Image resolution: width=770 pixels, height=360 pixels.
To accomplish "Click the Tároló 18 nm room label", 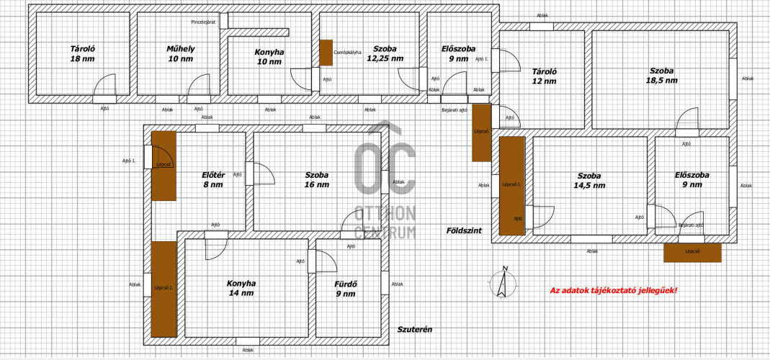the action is (x=83, y=53).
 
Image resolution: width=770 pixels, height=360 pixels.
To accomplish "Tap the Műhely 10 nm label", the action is (x=180, y=53).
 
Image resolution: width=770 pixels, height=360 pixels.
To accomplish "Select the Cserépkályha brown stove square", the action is (x=326, y=53).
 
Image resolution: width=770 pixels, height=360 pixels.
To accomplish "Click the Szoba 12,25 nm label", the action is (x=385, y=53).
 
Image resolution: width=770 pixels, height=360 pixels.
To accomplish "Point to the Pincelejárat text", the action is (x=204, y=22).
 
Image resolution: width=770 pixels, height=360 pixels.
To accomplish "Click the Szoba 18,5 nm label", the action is (x=661, y=76).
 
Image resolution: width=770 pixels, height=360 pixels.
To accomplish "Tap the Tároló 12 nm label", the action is (x=544, y=76).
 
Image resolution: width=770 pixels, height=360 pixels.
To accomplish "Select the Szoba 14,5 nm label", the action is (x=589, y=180).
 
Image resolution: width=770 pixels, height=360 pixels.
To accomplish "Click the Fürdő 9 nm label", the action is (x=345, y=289).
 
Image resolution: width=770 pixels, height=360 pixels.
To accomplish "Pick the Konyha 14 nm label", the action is (x=241, y=288).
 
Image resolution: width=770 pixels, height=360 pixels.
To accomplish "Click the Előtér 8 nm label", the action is (x=214, y=180).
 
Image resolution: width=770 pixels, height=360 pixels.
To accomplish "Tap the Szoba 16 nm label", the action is (x=317, y=180).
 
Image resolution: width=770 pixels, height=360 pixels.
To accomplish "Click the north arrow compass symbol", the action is (x=503, y=282).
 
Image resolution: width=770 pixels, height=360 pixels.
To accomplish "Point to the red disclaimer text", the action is (x=614, y=290).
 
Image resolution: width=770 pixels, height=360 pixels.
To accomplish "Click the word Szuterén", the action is (x=414, y=330).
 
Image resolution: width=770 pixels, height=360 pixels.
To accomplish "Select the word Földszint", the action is (x=464, y=230).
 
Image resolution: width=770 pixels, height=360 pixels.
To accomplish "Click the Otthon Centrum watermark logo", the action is (x=385, y=180).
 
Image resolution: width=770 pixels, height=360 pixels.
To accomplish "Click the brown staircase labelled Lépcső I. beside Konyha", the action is (x=164, y=289).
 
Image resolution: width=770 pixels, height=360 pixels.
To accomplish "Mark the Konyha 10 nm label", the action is (x=269, y=56).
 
